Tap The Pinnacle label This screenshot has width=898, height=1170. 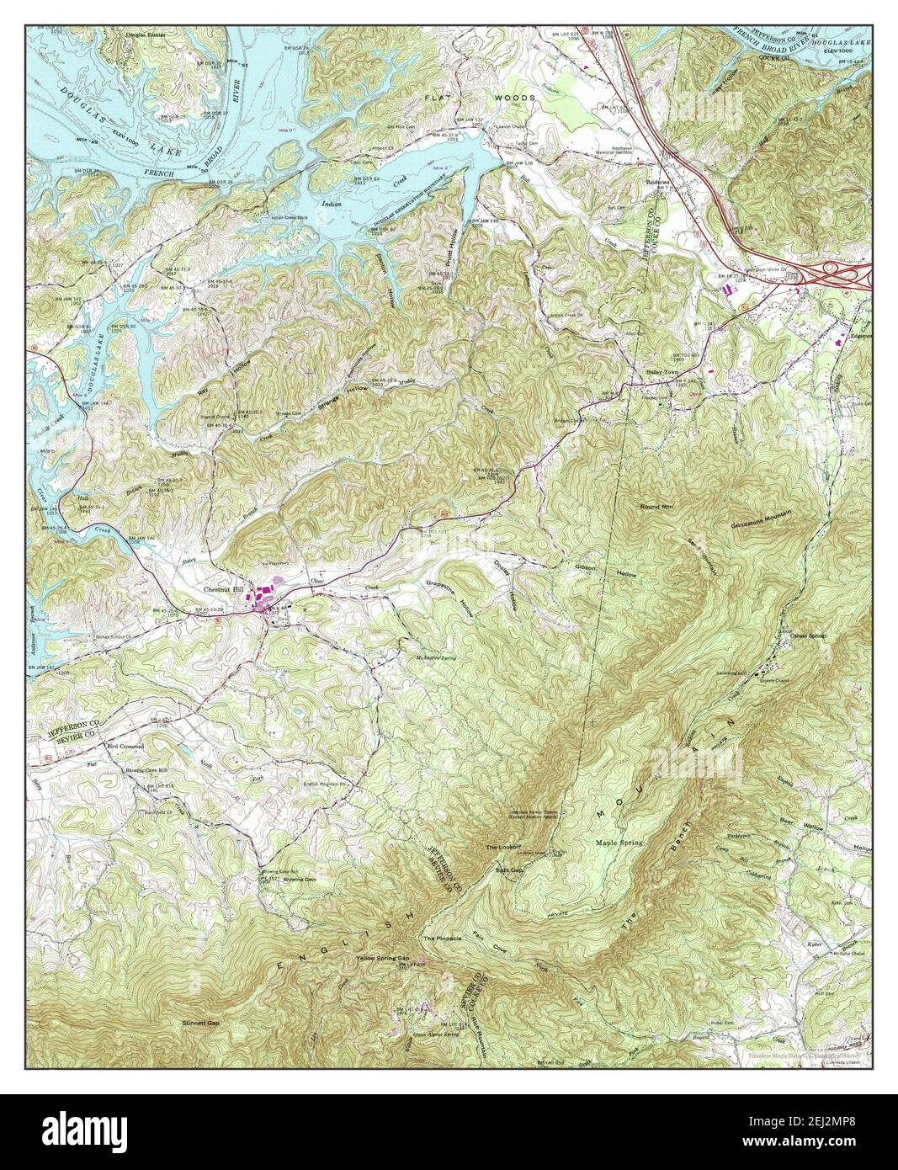coord(443,938)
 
